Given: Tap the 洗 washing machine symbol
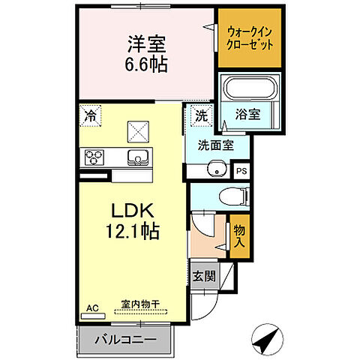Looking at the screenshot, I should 200,115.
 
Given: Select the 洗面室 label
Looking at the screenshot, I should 215,145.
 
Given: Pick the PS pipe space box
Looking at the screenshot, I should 241,170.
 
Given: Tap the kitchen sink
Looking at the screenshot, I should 138,157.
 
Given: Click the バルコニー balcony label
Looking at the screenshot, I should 125,340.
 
